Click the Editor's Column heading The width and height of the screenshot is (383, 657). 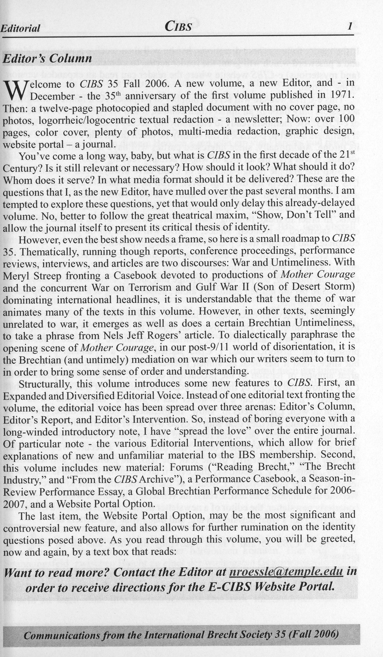coord(47,58)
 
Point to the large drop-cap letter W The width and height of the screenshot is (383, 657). coord(15,90)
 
